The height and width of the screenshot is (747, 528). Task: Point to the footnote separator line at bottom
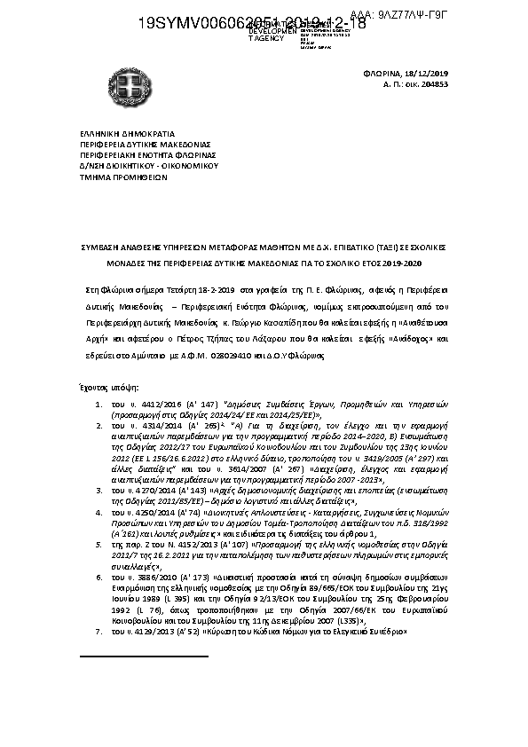(143, 656)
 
